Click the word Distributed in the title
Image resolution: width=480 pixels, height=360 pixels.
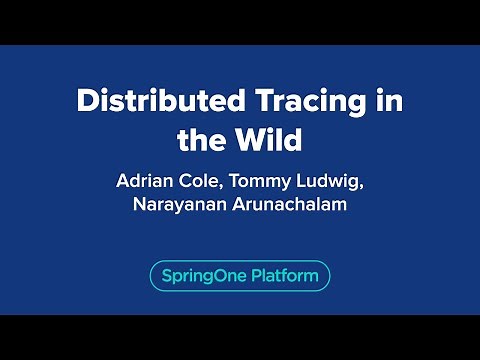(147, 102)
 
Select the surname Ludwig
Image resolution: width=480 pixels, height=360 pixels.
(340, 185)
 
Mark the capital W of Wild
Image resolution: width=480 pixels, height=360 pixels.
(250, 140)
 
